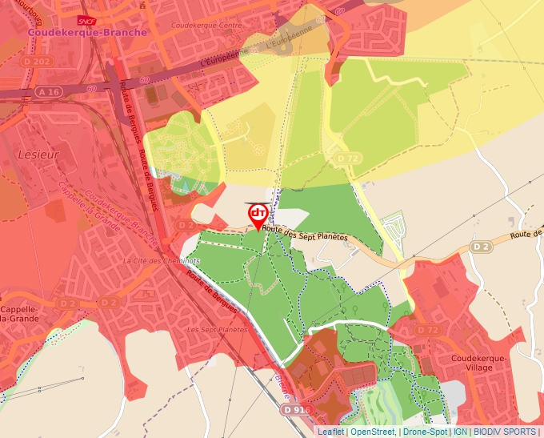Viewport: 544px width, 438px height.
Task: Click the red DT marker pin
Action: (258, 215)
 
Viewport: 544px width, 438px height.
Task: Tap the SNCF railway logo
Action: (87, 20)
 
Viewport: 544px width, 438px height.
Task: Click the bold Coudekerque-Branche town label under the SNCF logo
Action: (88, 32)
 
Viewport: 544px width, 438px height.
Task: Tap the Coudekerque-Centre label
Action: (206, 25)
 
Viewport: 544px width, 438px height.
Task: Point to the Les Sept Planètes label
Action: (217, 329)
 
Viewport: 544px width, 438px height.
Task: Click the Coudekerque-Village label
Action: (479, 364)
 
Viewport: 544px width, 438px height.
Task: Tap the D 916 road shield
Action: (295, 409)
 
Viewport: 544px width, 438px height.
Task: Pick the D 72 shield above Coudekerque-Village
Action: (427, 330)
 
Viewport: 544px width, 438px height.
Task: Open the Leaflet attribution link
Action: (330, 432)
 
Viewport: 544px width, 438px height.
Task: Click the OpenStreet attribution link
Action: (372, 432)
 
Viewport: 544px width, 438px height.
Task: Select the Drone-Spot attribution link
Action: (425, 432)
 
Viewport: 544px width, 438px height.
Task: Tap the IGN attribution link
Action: (461, 432)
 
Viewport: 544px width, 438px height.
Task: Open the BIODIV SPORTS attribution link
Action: (504, 432)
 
